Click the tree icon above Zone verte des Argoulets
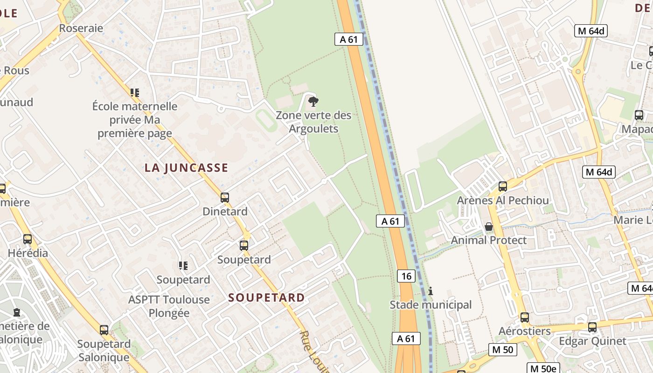313,101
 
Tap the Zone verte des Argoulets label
313,122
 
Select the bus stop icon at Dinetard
225,197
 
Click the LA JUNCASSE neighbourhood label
186,168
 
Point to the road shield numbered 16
406,276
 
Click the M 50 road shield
503,349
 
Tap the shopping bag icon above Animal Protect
488,227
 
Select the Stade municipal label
431,305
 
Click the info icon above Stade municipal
431,291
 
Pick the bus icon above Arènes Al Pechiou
503,186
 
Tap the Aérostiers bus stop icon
525,318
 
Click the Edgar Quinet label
592,341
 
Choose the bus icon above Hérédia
28,239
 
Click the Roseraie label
81,28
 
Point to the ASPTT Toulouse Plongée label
169,306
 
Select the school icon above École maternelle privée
135,92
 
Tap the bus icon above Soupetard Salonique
104,330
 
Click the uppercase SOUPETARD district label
266,297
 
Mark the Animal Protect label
488,240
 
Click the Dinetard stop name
225,211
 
